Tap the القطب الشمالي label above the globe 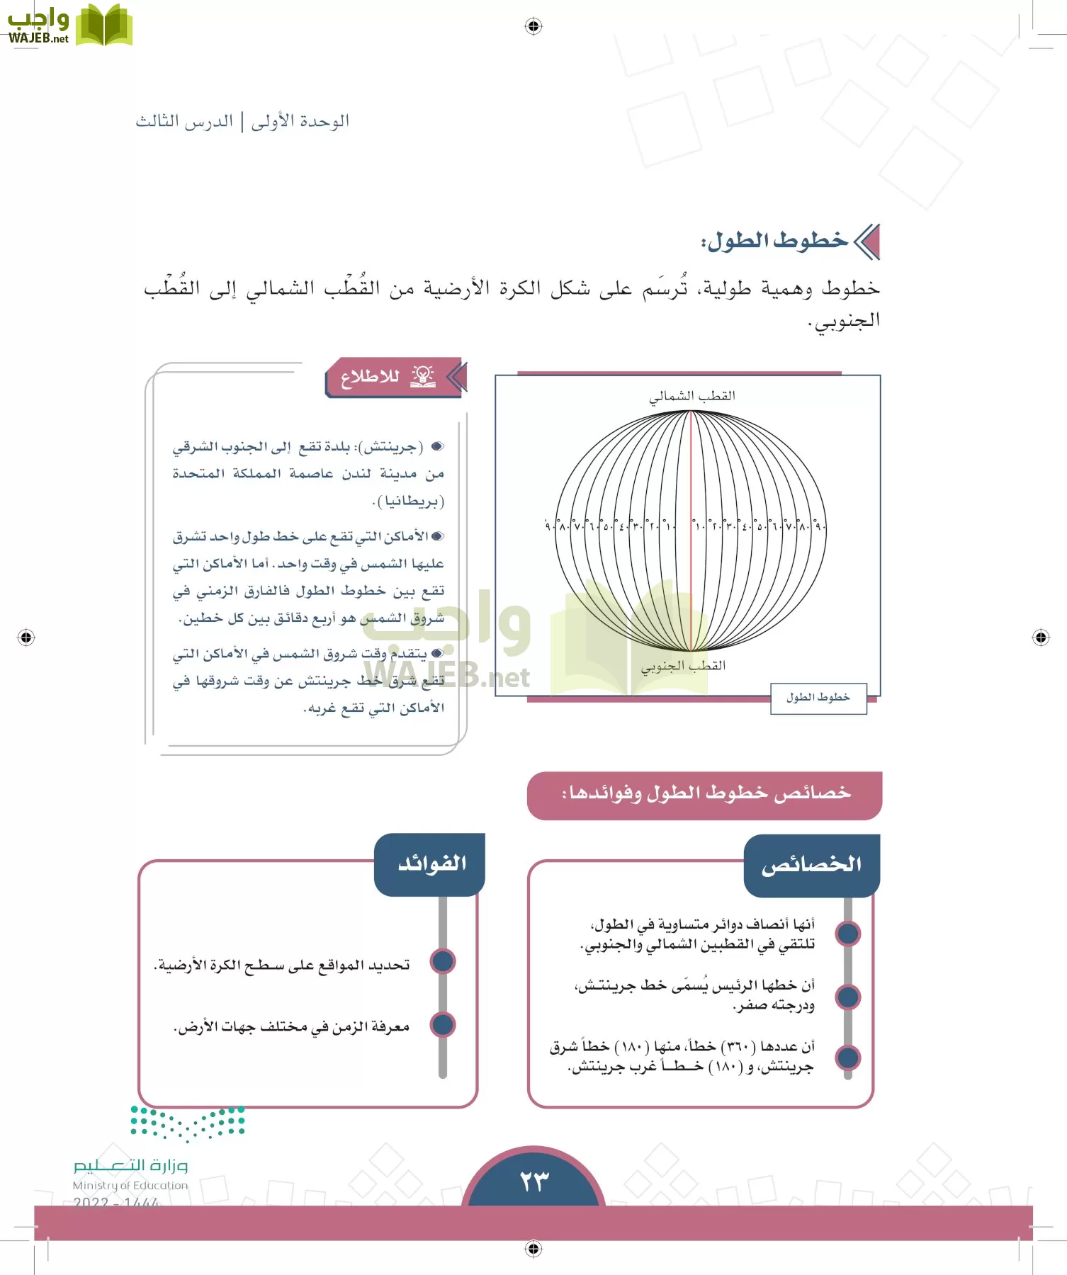click(692, 396)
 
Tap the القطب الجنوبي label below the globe click(684, 666)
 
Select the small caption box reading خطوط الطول click(818, 698)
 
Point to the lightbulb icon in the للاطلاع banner click(423, 376)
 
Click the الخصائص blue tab click(811, 865)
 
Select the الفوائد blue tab click(431, 863)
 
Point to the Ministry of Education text click(130, 1185)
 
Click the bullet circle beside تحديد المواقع click(443, 962)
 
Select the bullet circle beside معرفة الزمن click(443, 1024)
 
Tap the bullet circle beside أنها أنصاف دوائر click(848, 934)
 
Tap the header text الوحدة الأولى click(300, 121)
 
